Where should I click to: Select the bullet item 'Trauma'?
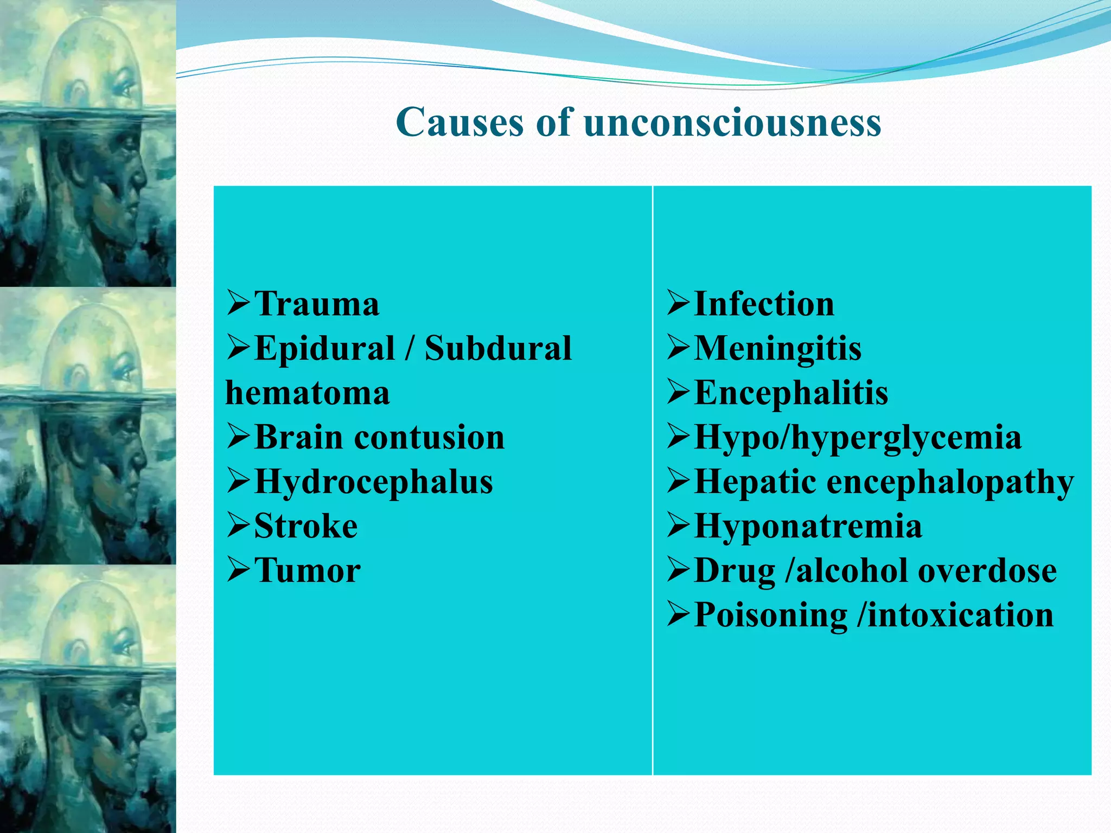(x=316, y=304)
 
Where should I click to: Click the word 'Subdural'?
(x=498, y=348)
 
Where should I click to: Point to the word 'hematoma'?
(x=308, y=393)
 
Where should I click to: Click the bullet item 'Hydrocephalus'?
(x=373, y=482)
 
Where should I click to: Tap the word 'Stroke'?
(x=306, y=526)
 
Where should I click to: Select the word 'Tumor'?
(x=307, y=571)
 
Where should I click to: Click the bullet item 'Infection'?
(x=764, y=304)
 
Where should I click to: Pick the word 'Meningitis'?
(x=777, y=348)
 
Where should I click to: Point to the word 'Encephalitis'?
(x=791, y=393)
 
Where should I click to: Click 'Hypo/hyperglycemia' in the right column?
(x=858, y=437)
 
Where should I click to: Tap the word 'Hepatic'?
(x=755, y=482)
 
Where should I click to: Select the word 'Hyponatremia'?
(x=808, y=526)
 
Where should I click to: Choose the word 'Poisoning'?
(x=770, y=615)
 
